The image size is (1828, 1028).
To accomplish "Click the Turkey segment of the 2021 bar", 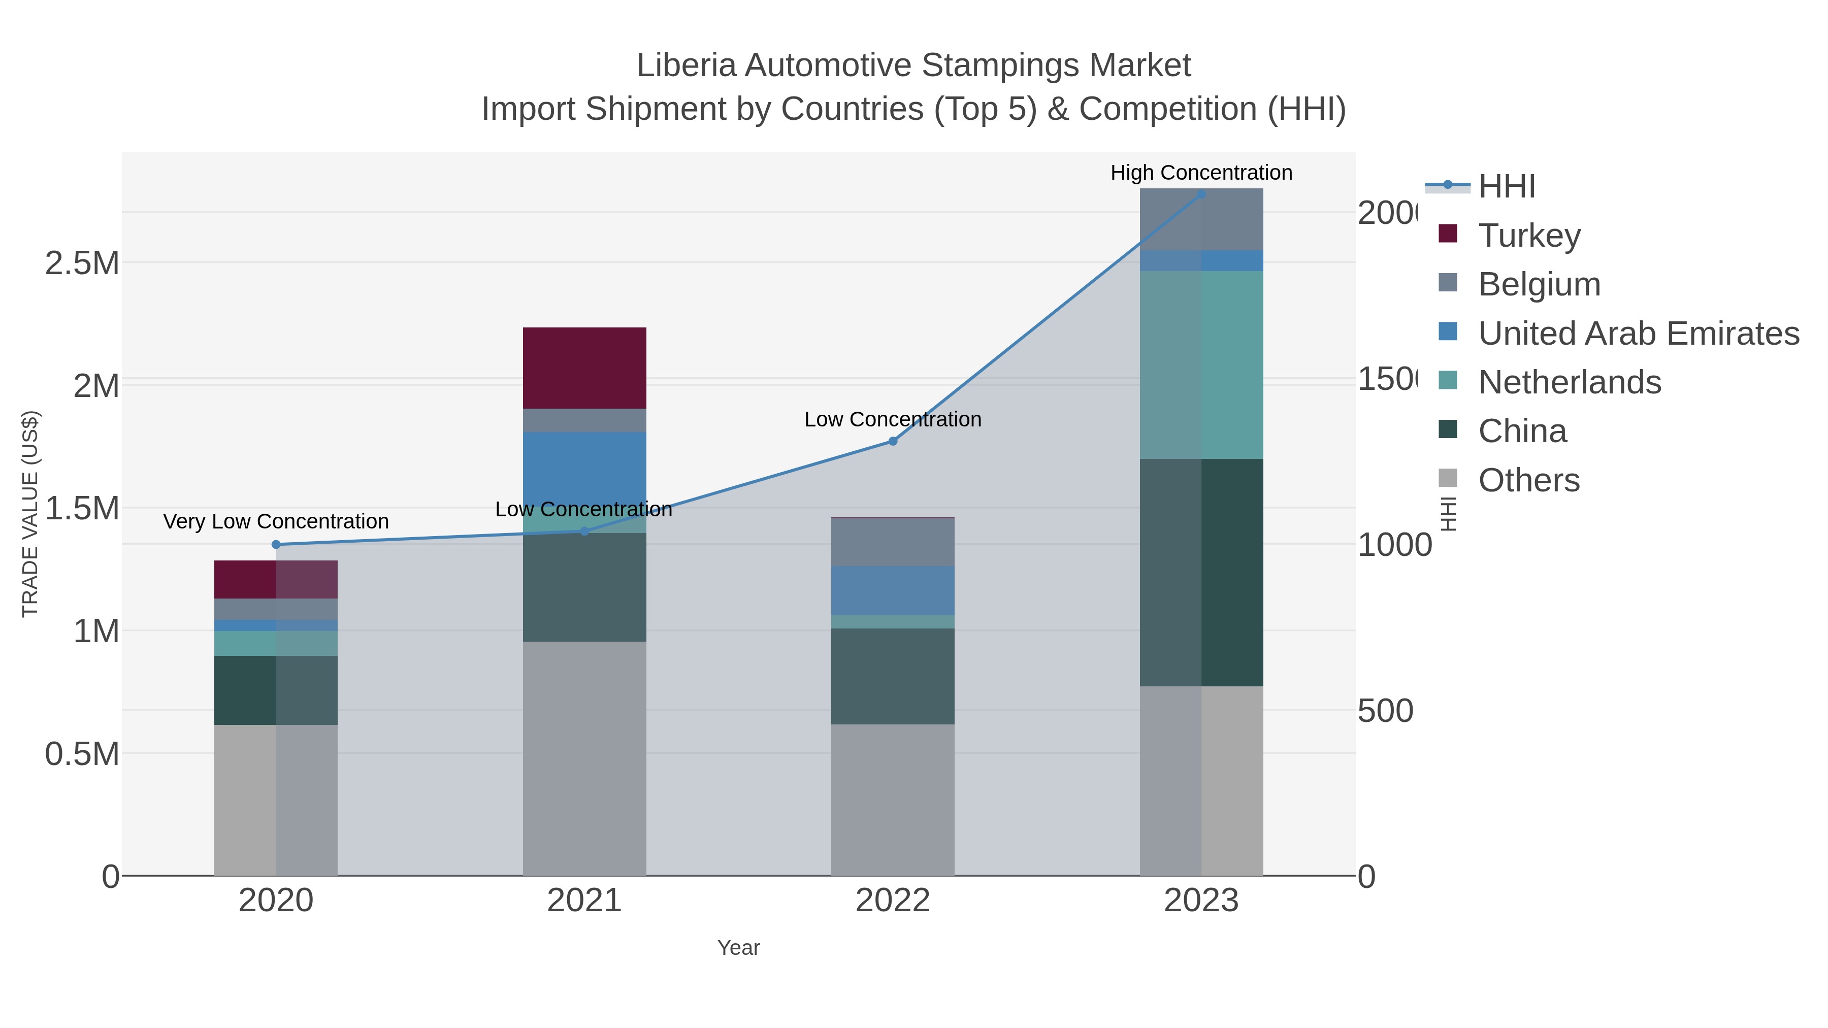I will [584, 368].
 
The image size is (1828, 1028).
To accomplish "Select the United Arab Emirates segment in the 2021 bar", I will [584, 468].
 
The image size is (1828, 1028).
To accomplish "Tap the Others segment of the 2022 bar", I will [892, 799].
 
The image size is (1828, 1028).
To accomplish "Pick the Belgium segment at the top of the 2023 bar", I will [1201, 219].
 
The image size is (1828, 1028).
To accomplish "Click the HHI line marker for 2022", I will [893, 441].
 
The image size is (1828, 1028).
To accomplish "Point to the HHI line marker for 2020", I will [276, 544].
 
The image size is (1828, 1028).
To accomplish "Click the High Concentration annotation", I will [1201, 173].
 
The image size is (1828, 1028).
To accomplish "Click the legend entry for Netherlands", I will [1569, 382].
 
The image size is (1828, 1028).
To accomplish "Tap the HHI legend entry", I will [1506, 187].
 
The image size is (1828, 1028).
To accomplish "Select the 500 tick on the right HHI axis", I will [1385, 711].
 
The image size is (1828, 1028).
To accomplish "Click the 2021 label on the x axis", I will [584, 901].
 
